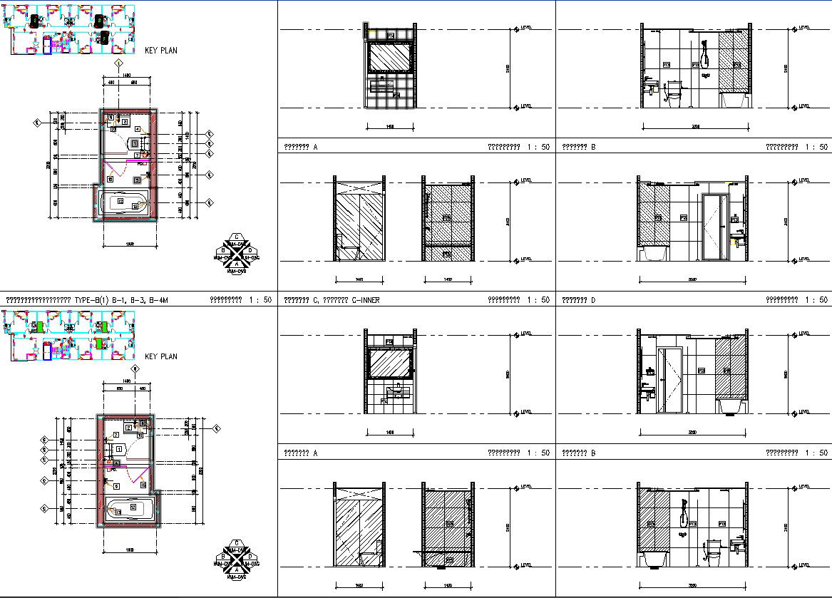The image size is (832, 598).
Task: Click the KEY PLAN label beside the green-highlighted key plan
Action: click(x=160, y=356)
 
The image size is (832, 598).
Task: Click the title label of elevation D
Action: click(x=578, y=300)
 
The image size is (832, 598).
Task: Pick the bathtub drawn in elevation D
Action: click(x=653, y=254)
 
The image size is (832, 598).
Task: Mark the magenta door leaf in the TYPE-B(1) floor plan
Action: click(x=118, y=174)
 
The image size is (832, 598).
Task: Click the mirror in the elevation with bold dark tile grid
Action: click(x=389, y=57)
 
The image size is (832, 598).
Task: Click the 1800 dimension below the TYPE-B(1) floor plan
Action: click(x=130, y=245)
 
